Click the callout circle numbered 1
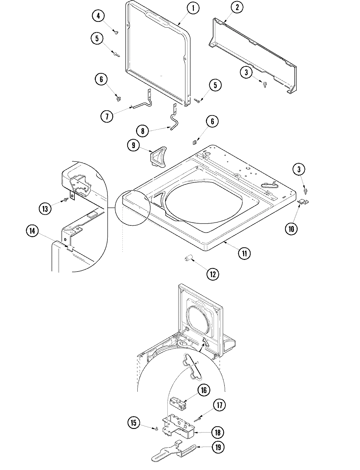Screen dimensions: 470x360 tap(193, 8)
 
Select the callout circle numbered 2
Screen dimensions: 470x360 tap(237, 8)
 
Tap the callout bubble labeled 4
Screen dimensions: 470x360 tap(98, 16)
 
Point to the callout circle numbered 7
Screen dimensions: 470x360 tap(106, 116)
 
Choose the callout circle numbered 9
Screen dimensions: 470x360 tap(133, 145)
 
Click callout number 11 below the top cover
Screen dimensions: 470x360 tap(244, 253)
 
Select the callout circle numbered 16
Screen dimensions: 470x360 tap(204, 390)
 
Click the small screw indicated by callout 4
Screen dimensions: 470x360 tap(116, 32)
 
